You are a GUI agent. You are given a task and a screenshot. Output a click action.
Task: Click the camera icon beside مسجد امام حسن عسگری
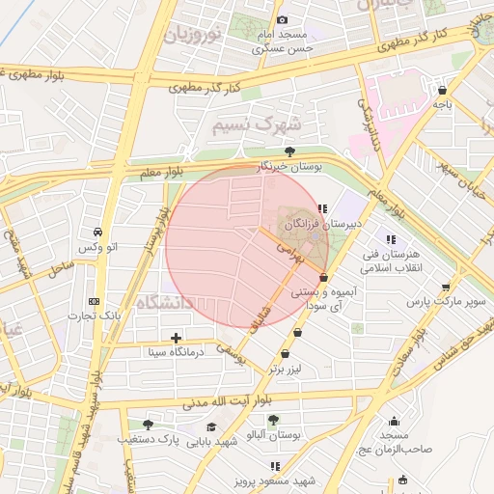282,19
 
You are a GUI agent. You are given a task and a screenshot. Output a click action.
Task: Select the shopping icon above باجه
442,89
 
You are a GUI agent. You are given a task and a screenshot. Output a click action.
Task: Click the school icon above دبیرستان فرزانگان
322,207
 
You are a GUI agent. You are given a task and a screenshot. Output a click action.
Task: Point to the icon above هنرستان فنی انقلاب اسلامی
391,239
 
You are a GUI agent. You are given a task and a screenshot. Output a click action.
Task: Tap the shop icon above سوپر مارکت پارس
445,287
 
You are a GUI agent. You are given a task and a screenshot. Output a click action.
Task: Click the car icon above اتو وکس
98,233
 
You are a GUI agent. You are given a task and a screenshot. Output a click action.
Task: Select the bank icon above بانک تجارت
93,300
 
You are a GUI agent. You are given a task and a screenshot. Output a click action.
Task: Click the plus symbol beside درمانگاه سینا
176,338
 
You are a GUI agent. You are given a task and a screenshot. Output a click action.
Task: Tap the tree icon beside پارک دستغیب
148,425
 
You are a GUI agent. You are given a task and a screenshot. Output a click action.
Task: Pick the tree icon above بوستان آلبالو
273,420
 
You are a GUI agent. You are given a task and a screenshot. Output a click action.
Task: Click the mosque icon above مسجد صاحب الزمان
394,421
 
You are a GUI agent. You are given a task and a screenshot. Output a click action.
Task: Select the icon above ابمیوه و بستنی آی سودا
323,278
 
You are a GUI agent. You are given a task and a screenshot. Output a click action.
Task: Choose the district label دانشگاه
165,303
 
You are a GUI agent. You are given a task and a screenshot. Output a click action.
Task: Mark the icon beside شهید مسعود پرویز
247,480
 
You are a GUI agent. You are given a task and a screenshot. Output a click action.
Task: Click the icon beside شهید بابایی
211,427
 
